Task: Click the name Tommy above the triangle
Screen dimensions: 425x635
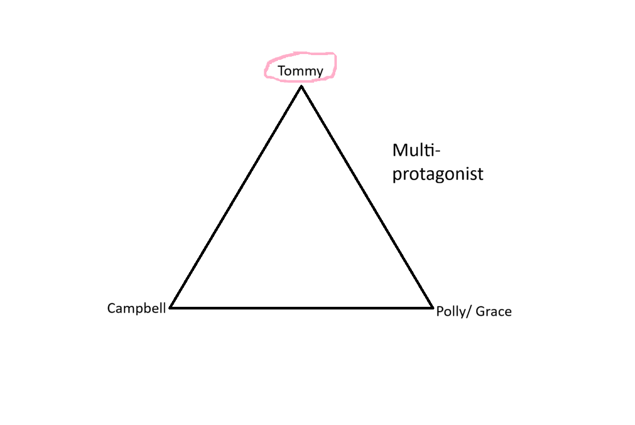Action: tap(300, 70)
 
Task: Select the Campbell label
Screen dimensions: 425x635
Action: tap(137, 308)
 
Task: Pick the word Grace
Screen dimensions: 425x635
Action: tap(494, 311)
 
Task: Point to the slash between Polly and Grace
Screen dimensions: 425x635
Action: tap(469, 312)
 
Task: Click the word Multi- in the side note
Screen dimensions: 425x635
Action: tap(416, 150)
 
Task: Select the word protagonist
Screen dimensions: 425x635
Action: tap(437, 174)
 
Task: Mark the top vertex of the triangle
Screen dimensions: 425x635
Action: tap(301, 86)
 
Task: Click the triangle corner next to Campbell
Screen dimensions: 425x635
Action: tap(171, 307)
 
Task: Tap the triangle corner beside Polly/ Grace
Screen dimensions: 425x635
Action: tap(432, 307)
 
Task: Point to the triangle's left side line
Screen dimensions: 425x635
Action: tap(236, 197)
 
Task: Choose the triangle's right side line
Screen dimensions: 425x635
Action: tap(367, 197)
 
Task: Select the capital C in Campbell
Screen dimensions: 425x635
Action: tap(111, 308)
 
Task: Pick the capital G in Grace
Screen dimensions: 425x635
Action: tap(480, 311)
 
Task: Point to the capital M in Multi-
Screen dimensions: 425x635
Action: tap(400, 150)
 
